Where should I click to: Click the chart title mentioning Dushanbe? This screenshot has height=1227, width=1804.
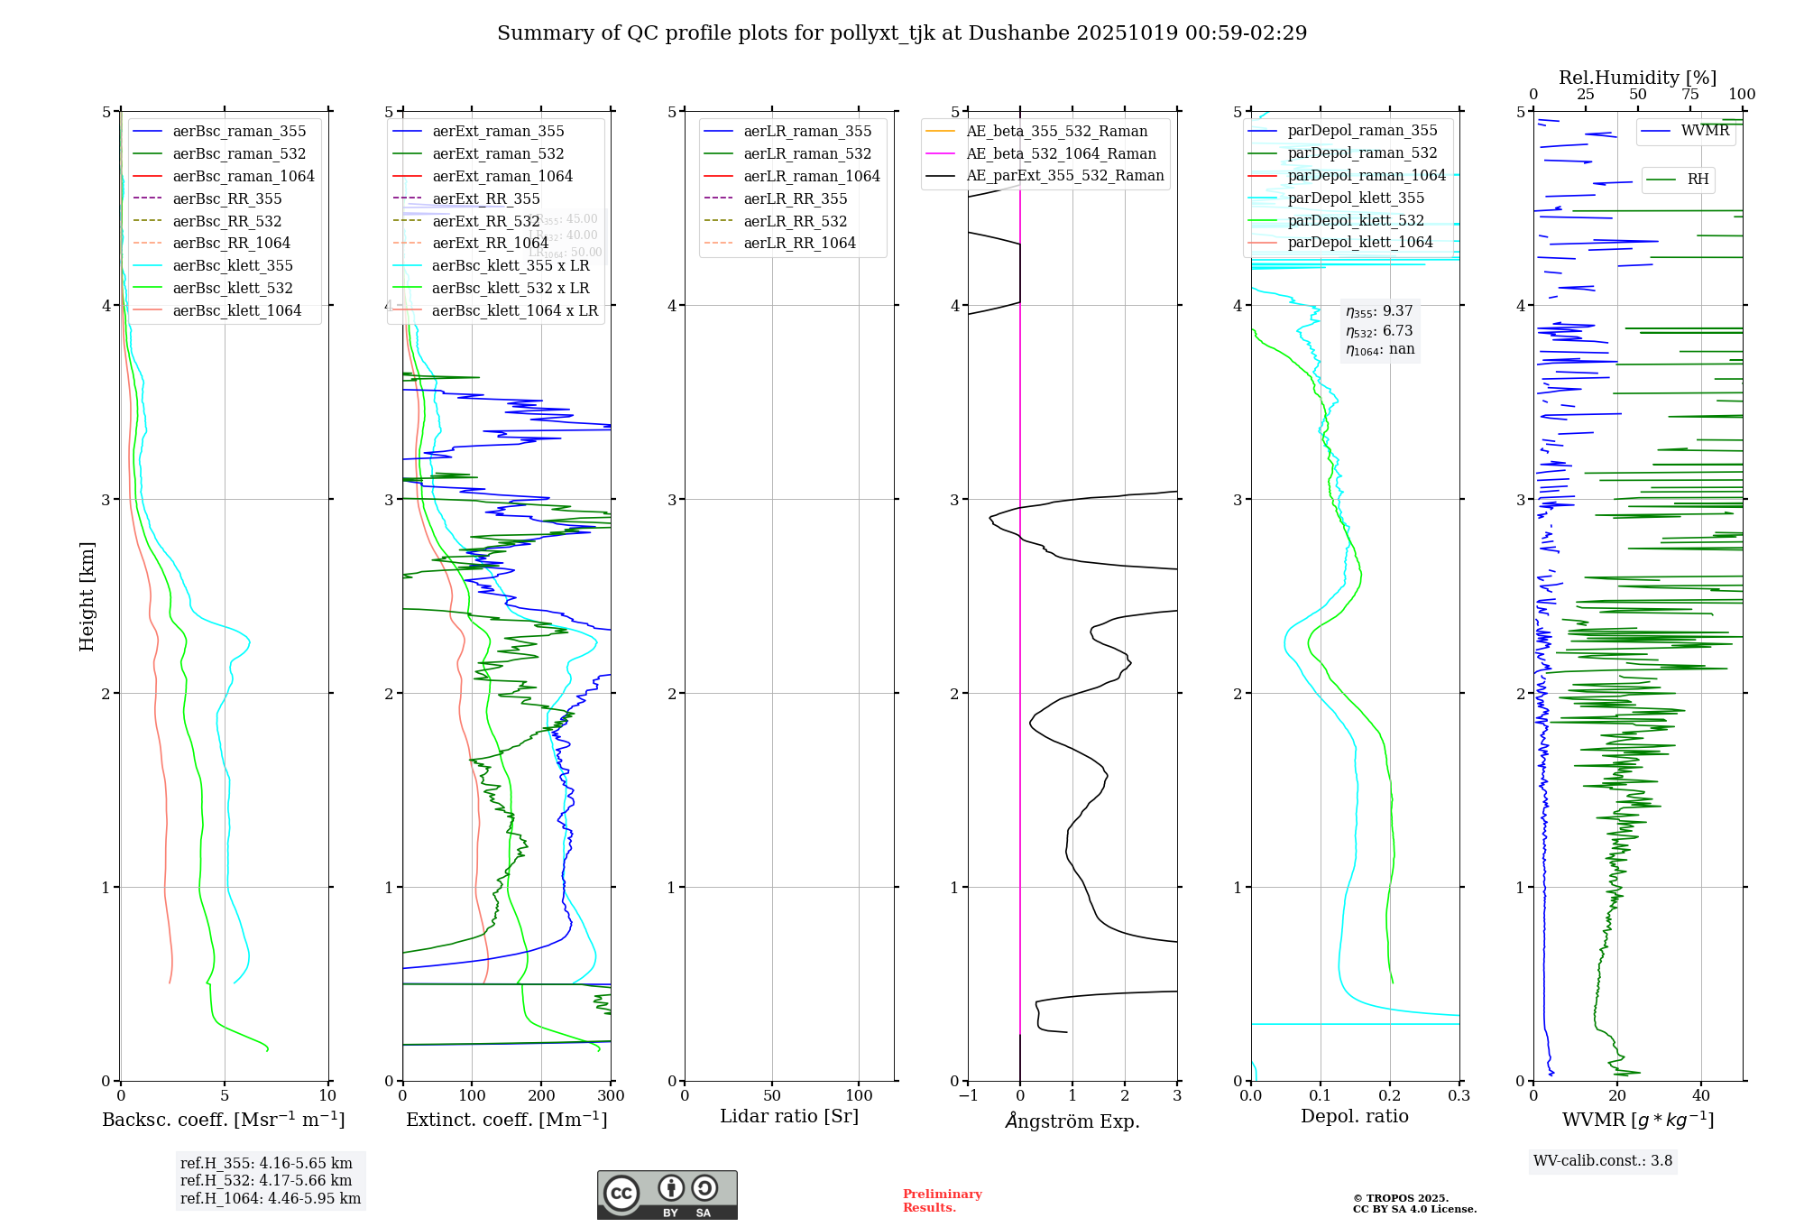pyautogui.click(x=902, y=33)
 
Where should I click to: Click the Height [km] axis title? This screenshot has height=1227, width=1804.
pyautogui.click(x=87, y=596)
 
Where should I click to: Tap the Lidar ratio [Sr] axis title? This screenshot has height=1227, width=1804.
pyautogui.click(x=789, y=1116)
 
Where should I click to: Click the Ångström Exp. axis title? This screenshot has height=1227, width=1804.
pyautogui.click(x=1072, y=1121)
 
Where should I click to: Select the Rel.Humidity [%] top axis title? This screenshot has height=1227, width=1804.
pyautogui.click(x=1637, y=78)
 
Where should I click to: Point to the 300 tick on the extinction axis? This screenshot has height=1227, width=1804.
pyautogui.click(x=611, y=1096)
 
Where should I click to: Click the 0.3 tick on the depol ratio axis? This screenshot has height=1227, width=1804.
pyautogui.click(x=1459, y=1096)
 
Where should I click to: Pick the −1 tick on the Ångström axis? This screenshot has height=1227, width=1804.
pyautogui.click(x=968, y=1096)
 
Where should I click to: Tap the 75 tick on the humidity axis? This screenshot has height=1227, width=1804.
pyautogui.click(x=1690, y=95)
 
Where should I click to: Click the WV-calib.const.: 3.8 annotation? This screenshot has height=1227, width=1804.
pyautogui.click(x=1603, y=1161)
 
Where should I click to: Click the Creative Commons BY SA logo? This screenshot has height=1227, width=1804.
pyautogui.click(x=667, y=1195)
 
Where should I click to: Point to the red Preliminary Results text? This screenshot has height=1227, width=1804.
pyautogui.click(x=942, y=1201)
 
